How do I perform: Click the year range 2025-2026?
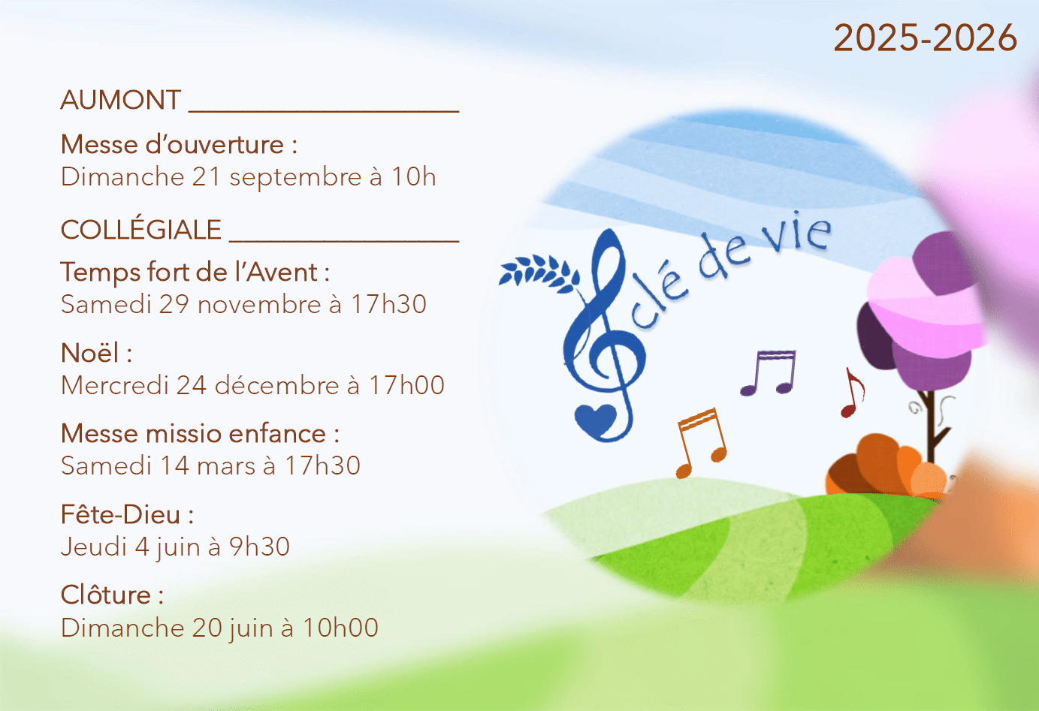tap(925, 38)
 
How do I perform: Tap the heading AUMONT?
tap(121, 100)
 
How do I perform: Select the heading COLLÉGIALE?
tap(141, 230)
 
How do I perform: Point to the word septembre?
tap(295, 177)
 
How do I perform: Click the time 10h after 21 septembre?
tap(414, 176)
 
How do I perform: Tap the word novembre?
tap(259, 305)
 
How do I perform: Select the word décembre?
tap(277, 385)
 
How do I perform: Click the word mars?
tap(226, 467)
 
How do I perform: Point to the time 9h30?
tap(260, 547)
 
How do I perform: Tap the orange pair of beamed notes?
tap(702, 443)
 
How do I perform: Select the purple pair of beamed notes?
tap(768, 372)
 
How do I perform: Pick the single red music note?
tap(853, 393)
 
